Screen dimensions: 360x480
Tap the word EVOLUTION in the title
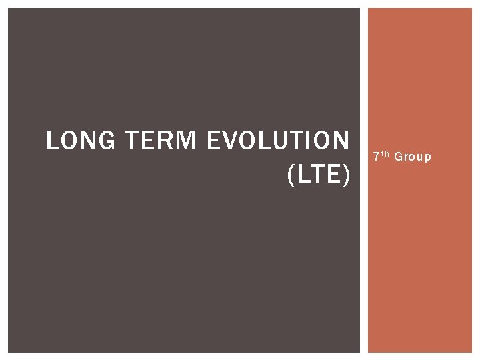(278, 141)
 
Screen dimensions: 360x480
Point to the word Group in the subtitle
(413, 157)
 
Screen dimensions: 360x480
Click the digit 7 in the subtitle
(376, 157)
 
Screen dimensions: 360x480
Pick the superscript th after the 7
(385, 154)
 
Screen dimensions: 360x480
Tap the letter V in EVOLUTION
(233, 141)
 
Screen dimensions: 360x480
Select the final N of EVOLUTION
(340, 141)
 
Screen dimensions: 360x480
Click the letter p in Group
(428, 158)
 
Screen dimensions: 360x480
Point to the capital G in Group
(398, 157)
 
